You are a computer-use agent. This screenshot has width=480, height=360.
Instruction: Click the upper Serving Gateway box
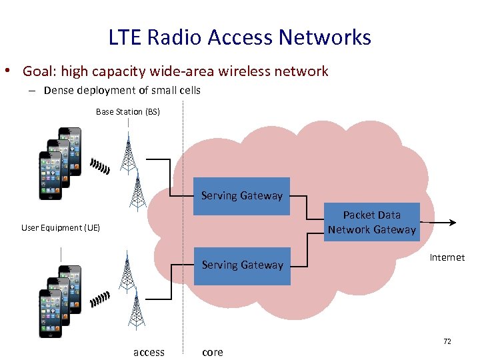click(x=241, y=196)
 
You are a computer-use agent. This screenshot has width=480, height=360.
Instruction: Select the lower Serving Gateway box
click(x=241, y=265)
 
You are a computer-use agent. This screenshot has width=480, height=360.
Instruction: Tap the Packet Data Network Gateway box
click(x=371, y=222)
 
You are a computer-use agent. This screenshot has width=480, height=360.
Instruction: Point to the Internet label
click(x=447, y=257)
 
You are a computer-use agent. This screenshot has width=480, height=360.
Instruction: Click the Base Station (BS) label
click(x=127, y=112)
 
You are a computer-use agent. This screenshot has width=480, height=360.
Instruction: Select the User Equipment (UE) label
click(x=61, y=228)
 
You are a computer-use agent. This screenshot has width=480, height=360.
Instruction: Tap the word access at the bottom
click(x=149, y=352)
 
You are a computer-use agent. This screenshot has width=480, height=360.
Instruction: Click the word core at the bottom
click(x=213, y=352)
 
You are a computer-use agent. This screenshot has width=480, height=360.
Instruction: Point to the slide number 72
click(x=447, y=341)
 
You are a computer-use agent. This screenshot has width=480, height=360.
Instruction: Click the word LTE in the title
click(x=125, y=37)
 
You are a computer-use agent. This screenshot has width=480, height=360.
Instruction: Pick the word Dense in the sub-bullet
click(x=59, y=90)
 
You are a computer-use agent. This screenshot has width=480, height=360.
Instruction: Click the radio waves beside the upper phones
click(x=99, y=166)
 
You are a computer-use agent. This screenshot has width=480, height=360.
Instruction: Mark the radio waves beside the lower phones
click(x=99, y=299)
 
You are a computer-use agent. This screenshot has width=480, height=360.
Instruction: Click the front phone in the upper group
click(x=50, y=175)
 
